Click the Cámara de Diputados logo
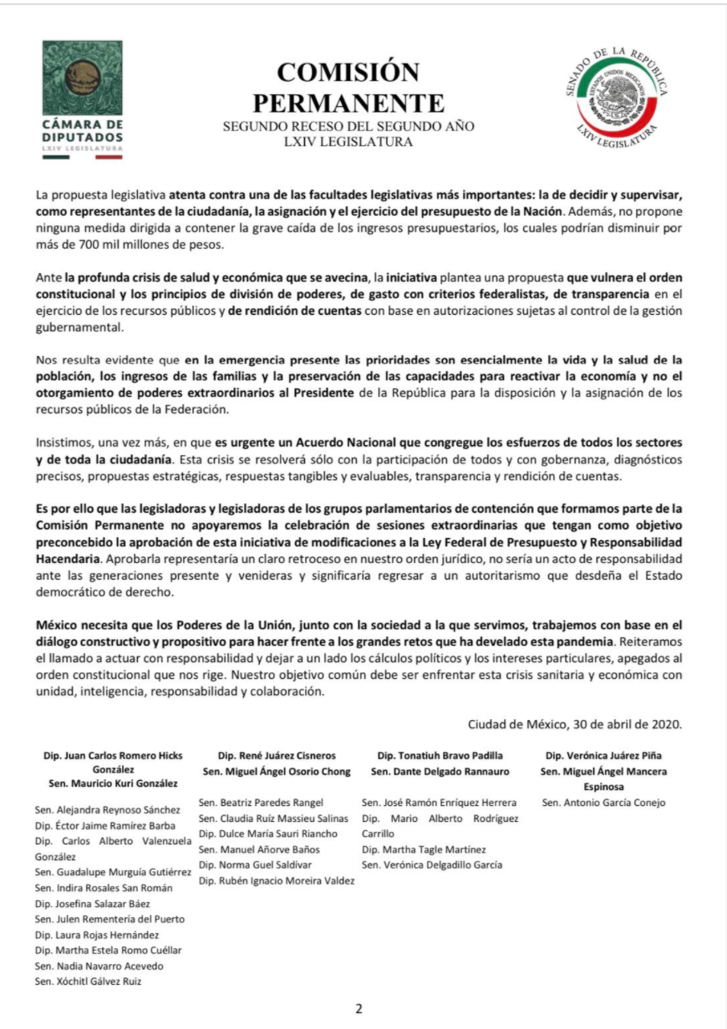coord(82,99)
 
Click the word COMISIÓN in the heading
coord(348,74)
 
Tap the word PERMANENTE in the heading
coord(348,104)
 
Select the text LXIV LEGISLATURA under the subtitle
coord(348,142)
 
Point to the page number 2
coord(359,1008)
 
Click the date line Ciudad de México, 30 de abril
coord(575,724)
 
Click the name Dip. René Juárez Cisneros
coord(276,755)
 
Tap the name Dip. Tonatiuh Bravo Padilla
coord(440,755)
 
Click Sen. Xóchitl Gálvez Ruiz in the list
coord(88,981)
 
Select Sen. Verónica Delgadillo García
coord(432,864)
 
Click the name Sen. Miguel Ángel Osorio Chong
coord(276,770)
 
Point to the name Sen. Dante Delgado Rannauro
coord(440,770)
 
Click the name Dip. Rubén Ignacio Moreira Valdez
coord(277,880)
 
